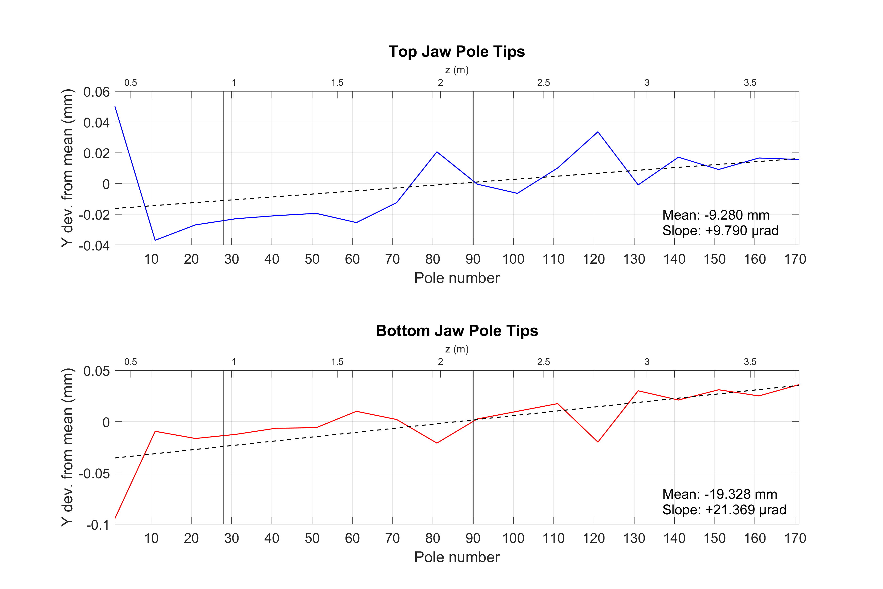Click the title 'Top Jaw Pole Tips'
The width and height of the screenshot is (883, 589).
point(457,51)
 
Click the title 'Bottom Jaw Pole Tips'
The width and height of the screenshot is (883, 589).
point(457,331)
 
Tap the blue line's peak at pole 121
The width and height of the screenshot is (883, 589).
point(598,132)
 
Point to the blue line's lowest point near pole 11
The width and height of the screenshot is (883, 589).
point(155,240)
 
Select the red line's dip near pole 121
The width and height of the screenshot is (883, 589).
point(598,442)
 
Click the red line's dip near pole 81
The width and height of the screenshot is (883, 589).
point(437,443)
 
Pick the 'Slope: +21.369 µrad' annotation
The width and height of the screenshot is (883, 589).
point(724,510)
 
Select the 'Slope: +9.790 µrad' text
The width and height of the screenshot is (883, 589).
point(720,230)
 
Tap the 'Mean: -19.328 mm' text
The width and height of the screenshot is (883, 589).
point(719,494)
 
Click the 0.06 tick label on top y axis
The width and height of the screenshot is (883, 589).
point(97,92)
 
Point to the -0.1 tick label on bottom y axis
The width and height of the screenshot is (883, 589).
point(98,525)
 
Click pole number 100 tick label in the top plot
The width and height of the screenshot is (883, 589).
point(513,259)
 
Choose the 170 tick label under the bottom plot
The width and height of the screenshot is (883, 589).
point(795,538)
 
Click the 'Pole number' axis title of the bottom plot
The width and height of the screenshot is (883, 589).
point(457,557)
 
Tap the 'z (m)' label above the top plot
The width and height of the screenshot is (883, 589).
point(457,70)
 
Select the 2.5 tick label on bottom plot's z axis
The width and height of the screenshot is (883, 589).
point(543,362)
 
